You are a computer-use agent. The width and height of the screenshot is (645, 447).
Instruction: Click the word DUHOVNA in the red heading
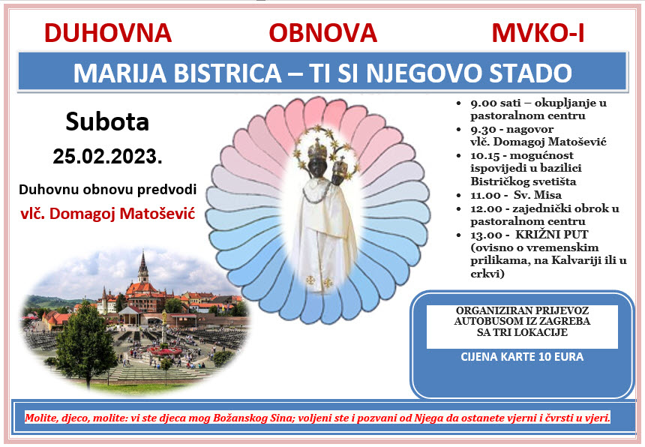point(108,33)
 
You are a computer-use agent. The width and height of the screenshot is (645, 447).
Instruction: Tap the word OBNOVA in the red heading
point(323,33)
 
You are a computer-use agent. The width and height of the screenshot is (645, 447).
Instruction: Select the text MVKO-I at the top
point(538,33)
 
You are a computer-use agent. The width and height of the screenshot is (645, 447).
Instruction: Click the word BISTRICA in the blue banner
point(227,73)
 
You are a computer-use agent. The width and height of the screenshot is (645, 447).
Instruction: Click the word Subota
point(107,121)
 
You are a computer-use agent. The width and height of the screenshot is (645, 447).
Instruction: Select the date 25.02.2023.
point(107,157)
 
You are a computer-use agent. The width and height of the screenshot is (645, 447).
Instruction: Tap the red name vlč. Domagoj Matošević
point(108,214)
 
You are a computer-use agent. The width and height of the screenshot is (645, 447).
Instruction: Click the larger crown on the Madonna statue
point(317,151)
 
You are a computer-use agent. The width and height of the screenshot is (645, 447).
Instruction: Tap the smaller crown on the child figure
point(340,166)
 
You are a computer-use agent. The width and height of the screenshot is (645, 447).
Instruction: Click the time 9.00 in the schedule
point(483,103)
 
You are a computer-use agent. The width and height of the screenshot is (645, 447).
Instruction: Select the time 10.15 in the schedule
point(485,155)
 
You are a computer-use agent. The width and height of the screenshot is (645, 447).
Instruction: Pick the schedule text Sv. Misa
point(538,194)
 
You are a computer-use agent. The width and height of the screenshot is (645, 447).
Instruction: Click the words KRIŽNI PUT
point(551,235)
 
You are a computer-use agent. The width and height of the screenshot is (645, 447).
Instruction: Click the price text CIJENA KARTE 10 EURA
point(522,356)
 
